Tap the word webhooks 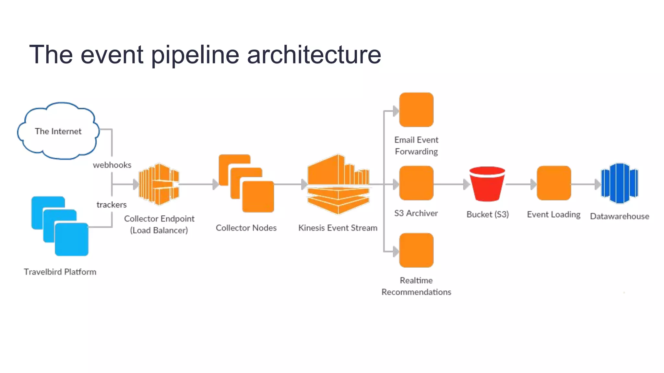pyautogui.click(x=112, y=165)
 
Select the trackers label pyautogui.click(x=112, y=205)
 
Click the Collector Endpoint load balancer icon pyautogui.click(x=159, y=184)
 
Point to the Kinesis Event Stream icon pyautogui.click(x=338, y=184)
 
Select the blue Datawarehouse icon pyautogui.click(x=620, y=183)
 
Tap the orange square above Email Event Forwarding pyautogui.click(x=416, y=110)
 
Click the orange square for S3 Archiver pyautogui.click(x=416, y=183)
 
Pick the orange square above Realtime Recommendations pyautogui.click(x=416, y=250)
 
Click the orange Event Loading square pyautogui.click(x=554, y=183)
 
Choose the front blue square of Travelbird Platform pyautogui.click(x=72, y=239)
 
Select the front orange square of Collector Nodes pyautogui.click(x=258, y=197)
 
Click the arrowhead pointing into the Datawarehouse pyautogui.click(x=598, y=184)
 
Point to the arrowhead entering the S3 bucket pyautogui.click(x=466, y=184)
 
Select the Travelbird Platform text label pyautogui.click(x=60, y=272)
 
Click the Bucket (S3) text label pyautogui.click(x=488, y=214)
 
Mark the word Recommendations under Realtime pyautogui.click(x=416, y=292)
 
